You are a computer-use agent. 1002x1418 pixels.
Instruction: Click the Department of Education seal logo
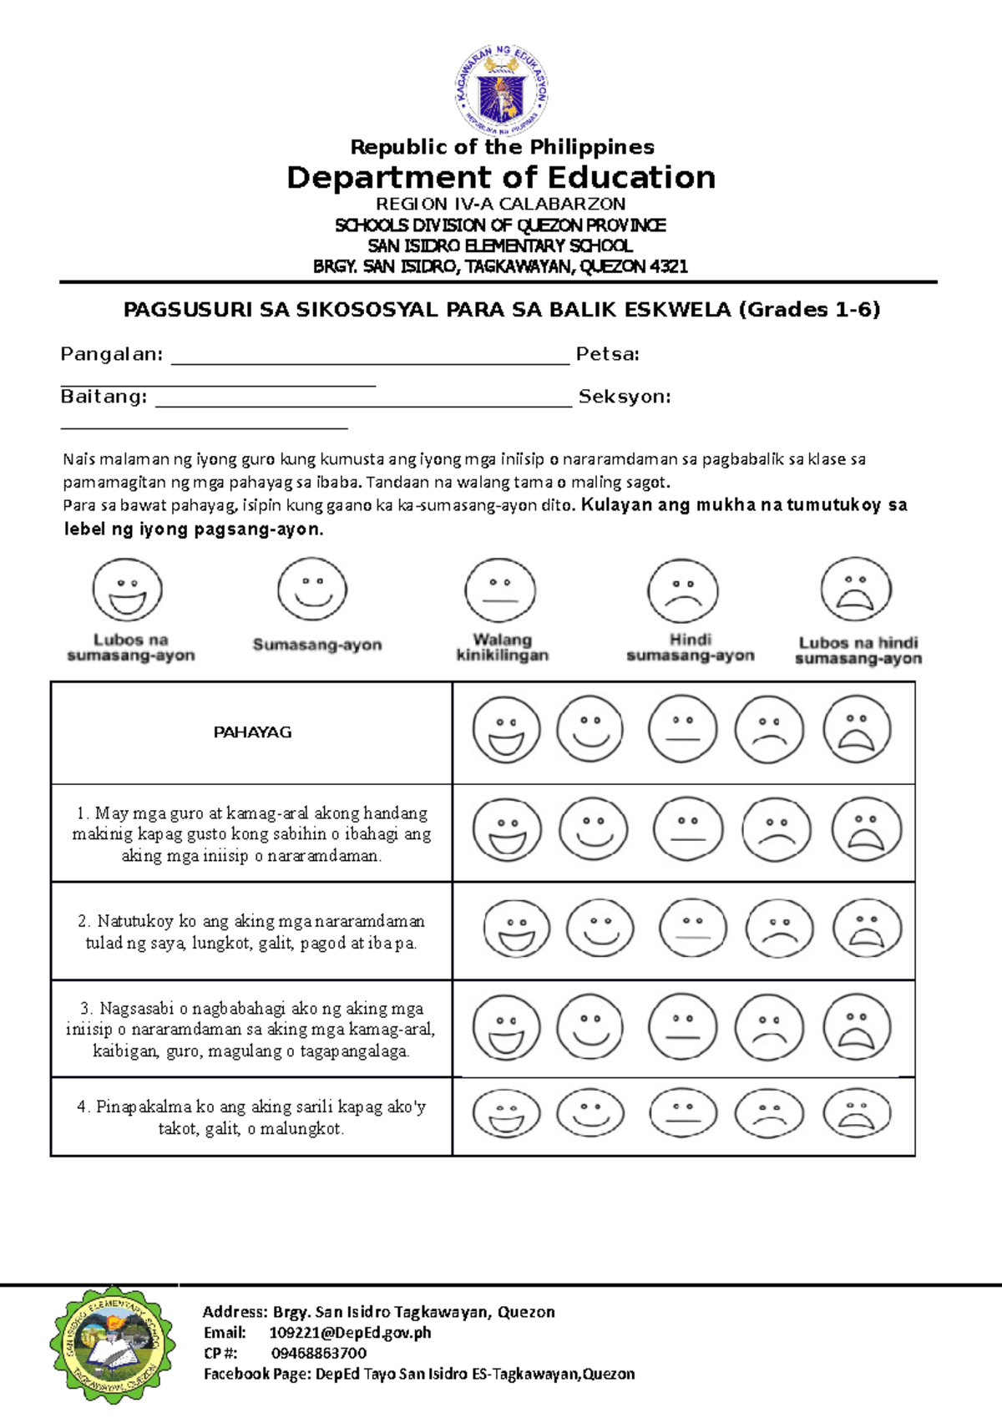tap(501, 90)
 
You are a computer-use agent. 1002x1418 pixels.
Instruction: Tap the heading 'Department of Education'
tap(501, 178)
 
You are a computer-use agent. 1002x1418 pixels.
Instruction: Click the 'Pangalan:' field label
tap(111, 354)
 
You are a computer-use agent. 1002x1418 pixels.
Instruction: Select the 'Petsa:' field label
tap(607, 354)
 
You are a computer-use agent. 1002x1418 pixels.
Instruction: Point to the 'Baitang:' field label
tap(104, 397)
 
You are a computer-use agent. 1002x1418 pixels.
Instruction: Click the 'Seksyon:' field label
tap(625, 397)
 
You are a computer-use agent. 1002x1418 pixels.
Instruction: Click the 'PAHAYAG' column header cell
tap(251, 732)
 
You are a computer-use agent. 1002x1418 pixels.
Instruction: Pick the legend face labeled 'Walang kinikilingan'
tap(500, 590)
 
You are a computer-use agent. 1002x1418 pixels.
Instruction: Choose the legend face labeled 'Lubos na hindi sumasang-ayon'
tap(856, 590)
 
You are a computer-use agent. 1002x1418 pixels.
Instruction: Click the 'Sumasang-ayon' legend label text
tap(317, 645)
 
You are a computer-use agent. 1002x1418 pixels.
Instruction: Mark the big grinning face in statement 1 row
tap(507, 830)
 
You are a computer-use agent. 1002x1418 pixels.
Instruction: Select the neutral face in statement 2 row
tap(692, 928)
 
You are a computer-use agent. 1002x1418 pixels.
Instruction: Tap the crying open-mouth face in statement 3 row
tap(857, 1027)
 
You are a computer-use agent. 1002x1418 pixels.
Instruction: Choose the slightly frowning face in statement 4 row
tap(769, 1113)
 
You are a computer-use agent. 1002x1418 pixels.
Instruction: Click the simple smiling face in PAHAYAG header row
tap(590, 729)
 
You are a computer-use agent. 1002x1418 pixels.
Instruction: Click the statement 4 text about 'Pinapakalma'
tap(251, 1117)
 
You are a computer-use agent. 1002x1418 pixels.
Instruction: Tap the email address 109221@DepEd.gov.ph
tap(350, 1332)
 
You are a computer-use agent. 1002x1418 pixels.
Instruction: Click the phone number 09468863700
tap(318, 1353)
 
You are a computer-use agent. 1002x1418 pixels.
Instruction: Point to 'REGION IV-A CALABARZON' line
tap(500, 204)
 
